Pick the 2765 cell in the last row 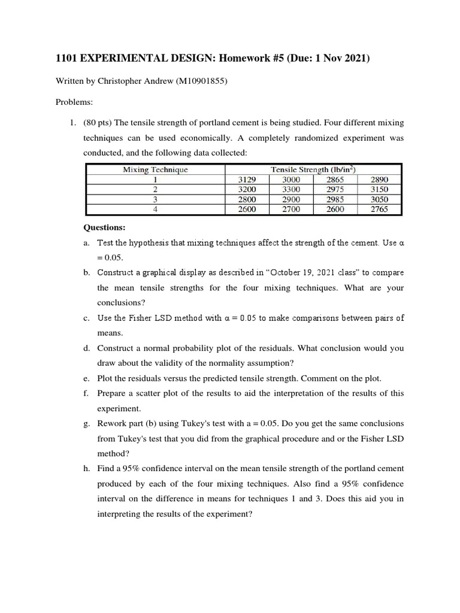[x=379, y=210]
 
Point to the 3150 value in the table [x=379, y=190]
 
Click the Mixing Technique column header [x=155, y=169]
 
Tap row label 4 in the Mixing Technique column [x=155, y=210]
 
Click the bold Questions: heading [x=105, y=228]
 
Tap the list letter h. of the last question [x=87, y=468]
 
